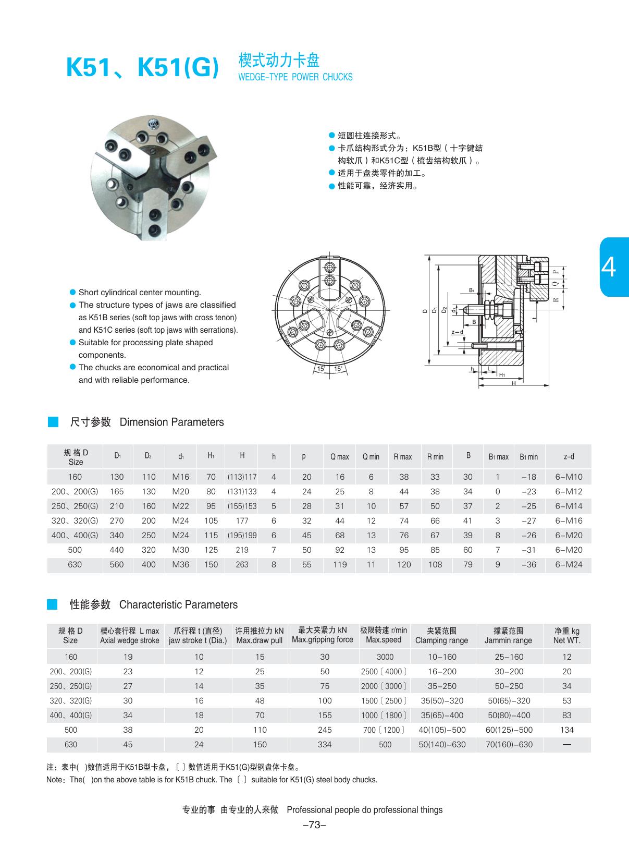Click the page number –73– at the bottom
(x=314, y=825)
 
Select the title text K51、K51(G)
(x=142, y=67)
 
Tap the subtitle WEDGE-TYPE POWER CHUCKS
(x=295, y=77)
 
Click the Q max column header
(x=339, y=457)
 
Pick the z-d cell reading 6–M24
(x=569, y=564)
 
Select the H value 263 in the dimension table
(x=242, y=564)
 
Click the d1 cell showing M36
(x=180, y=564)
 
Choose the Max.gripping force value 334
(x=324, y=744)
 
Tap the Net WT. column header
(x=566, y=636)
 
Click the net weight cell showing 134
(x=566, y=730)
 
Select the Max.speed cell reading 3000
(x=385, y=657)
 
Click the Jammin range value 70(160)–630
(x=509, y=744)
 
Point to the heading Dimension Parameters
(x=171, y=422)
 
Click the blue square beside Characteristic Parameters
(x=53, y=604)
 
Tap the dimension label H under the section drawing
(x=513, y=383)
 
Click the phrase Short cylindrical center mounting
(x=140, y=293)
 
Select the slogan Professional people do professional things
(x=364, y=810)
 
